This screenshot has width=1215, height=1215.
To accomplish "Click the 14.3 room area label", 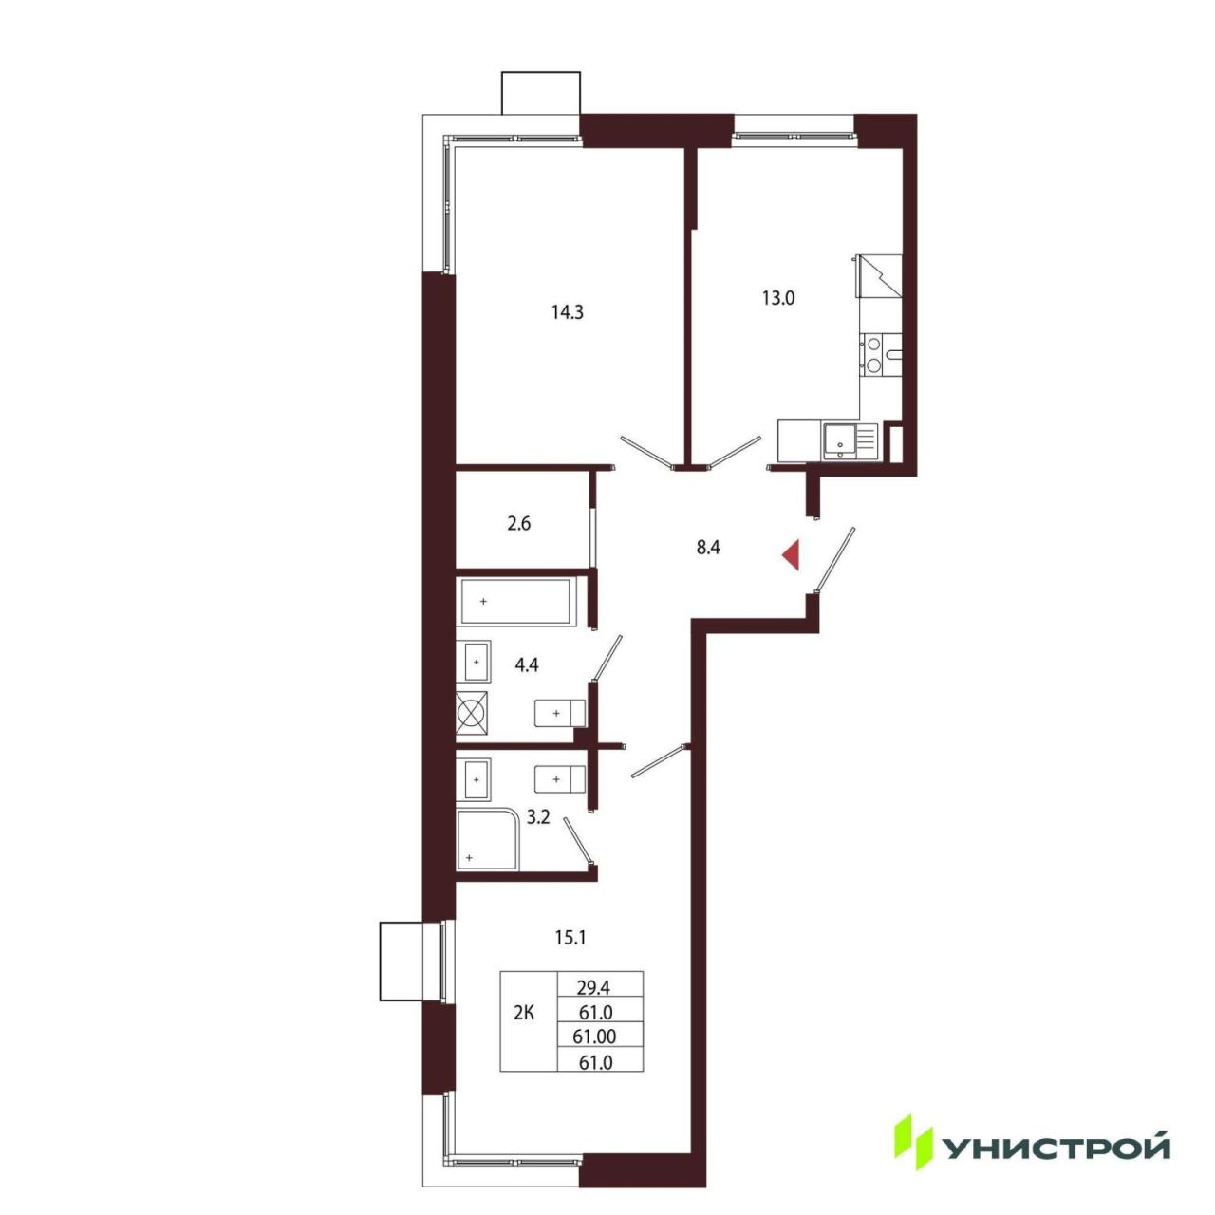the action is (x=568, y=312).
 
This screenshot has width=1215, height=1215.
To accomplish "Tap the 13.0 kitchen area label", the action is (x=778, y=298).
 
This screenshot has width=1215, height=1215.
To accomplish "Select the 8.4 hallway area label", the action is (x=708, y=548).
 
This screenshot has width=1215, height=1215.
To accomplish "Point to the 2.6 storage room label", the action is (x=519, y=523).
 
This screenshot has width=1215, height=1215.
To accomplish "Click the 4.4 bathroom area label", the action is (x=527, y=664).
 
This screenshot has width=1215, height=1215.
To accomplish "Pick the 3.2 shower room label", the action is (x=538, y=818).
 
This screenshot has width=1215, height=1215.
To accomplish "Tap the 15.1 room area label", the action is (x=570, y=938).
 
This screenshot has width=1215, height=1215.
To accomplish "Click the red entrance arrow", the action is (x=792, y=555).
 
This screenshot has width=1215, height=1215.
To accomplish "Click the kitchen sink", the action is (x=850, y=441).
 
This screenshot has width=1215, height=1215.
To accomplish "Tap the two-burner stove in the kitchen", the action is (x=874, y=354).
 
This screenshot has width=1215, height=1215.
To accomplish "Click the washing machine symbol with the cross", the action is (x=473, y=713).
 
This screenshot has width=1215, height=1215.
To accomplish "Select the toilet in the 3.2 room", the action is (x=560, y=779).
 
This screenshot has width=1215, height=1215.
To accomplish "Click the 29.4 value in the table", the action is (x=594, y=986).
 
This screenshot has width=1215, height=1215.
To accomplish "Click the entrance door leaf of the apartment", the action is (x=835, y=560).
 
